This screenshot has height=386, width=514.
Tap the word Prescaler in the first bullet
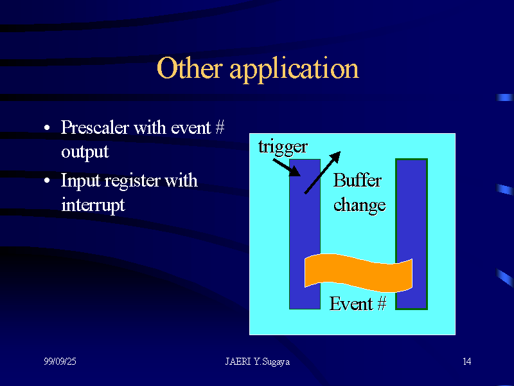(94, 127)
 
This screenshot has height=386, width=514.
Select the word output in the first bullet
(85, 152)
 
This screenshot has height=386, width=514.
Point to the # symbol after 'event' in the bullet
(219, 127)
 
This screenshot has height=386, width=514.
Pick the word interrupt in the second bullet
(93, 205)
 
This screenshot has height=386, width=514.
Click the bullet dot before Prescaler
(48, 129)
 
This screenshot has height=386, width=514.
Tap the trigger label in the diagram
(283, 147)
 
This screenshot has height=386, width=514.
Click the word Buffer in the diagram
(357, 181)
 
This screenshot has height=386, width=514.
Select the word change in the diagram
(359, 205)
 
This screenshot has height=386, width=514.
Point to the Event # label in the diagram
(358, 304)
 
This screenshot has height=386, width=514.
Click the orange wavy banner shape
(358, 273)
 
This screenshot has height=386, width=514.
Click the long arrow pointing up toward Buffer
(322, 172)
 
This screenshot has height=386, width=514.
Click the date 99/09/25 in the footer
(60, 362)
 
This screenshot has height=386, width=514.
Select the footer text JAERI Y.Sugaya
(257, 362)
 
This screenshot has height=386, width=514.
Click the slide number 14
(466, 362)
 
